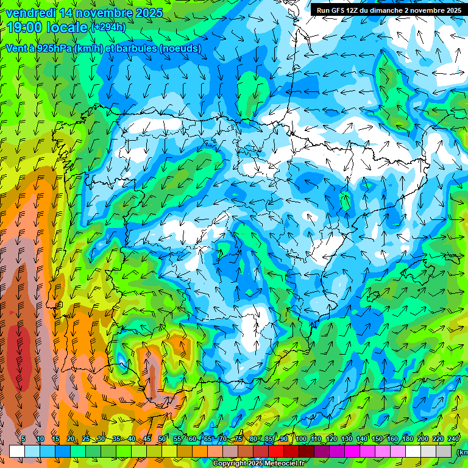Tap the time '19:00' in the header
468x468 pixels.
pos(29,27)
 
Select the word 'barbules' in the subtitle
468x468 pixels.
pos(133,48)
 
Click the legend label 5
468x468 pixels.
pos(23,439)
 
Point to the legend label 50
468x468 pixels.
pos(161,439)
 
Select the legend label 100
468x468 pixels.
pos(300,439)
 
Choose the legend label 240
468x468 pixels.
pos(453,439)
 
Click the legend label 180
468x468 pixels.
pos(407,439)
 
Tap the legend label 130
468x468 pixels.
pos(346,439)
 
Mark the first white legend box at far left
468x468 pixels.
pos(17,451)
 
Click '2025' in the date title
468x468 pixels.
pos(148,13)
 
